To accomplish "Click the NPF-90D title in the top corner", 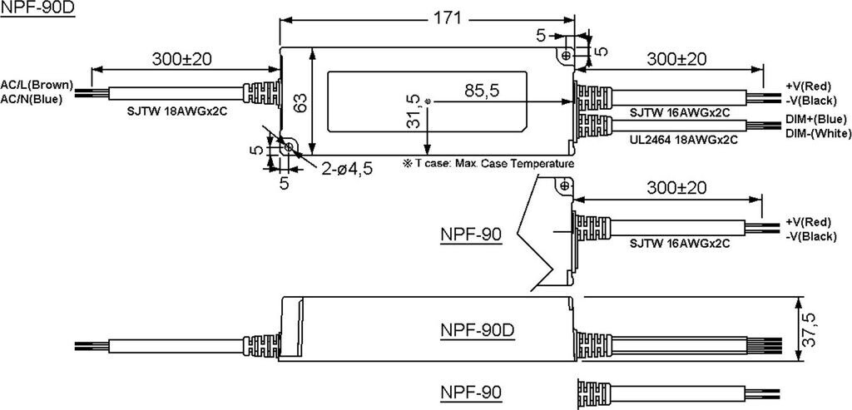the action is tap(37, 8).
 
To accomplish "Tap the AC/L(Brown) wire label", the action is tap(37, 85).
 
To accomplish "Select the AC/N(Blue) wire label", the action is tap(32, 99).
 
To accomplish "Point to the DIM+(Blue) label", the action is tap(815, 119).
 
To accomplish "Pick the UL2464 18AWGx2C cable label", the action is tap(684, 140).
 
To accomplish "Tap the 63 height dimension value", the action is tap(300, 102).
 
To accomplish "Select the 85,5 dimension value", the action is tap(482, 91).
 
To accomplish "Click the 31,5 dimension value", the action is tap(413, 111).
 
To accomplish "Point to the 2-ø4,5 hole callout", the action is tap(347, 169).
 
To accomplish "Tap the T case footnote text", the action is tap(488, 164).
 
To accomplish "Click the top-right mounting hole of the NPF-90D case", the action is tap(567, 55).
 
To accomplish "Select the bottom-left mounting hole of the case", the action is tap(288, 147).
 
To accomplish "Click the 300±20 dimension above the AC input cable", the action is tap(181, 59).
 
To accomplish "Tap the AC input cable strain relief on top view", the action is tap(262, 92).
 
